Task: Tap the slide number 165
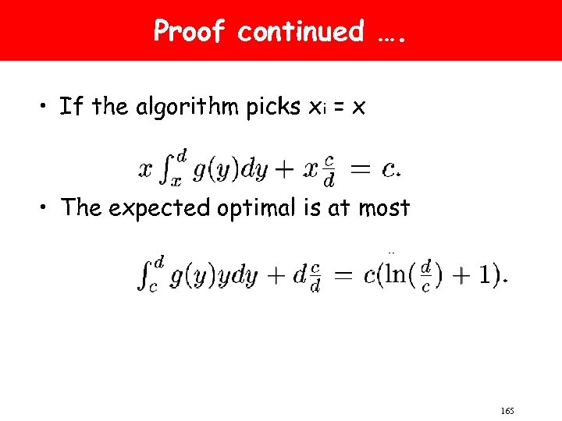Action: pos(506,410)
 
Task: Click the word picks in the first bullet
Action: pos(273,107)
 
